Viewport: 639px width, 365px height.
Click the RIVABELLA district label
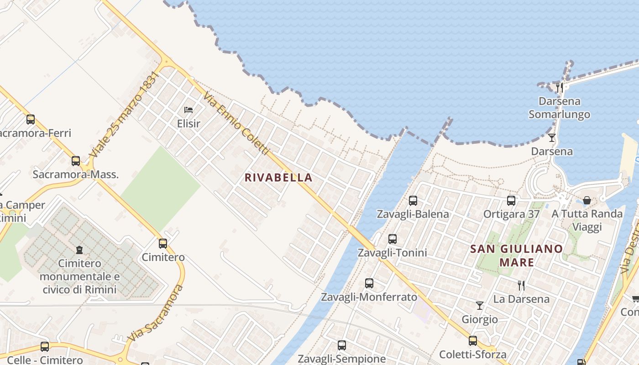[278, 177]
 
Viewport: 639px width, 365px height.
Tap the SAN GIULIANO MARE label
[517, 255]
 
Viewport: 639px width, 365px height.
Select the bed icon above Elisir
[189, 110]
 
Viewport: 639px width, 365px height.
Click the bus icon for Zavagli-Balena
[413, 200]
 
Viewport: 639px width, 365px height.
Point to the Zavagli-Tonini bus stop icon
[392, 239]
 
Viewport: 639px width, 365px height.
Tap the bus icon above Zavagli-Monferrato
[369, 283]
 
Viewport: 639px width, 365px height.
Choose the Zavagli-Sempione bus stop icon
[342, 345]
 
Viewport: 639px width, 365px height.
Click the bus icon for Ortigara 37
[511, 200]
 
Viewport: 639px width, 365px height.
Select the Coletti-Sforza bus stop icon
[473, 341]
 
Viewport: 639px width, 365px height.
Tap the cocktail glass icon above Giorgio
[480, 305]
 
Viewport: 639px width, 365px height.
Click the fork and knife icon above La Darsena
[521, 286]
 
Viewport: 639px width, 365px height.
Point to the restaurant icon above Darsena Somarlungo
[560, 87]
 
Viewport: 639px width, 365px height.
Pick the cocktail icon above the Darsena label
[552, 137]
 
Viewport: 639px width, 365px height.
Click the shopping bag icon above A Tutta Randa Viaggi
[587, 200]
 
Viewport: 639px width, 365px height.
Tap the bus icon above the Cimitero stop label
[163, 244]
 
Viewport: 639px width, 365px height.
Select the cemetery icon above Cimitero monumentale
[79, 250]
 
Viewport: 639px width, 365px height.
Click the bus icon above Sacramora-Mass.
[76, 161]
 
